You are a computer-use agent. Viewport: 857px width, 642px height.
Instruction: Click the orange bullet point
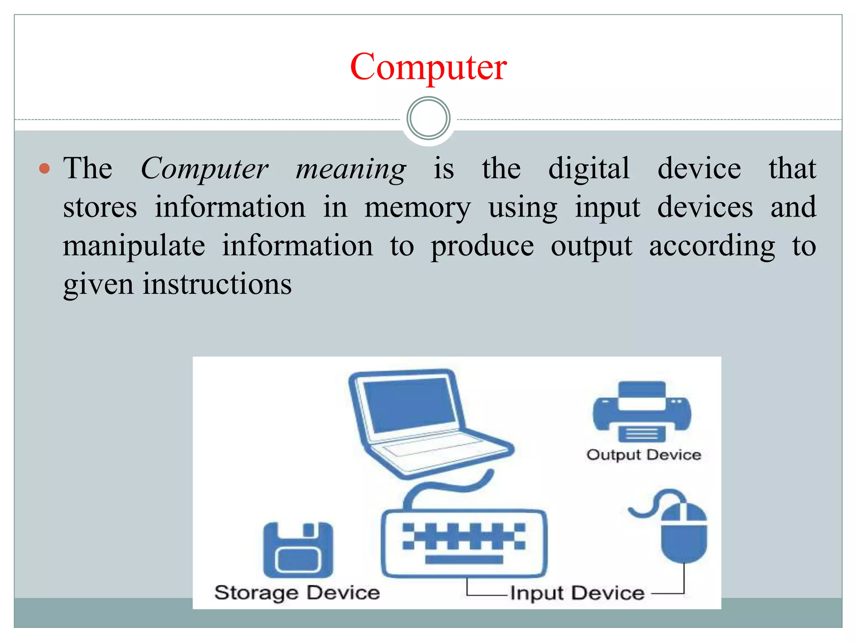coord(44,169)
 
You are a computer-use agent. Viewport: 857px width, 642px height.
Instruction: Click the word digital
coord(589,169)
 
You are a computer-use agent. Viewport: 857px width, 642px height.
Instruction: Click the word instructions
coord(217,284)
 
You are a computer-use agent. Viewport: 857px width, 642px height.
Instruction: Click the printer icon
coord(642,411)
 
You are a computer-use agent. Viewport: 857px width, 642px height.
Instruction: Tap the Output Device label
coord(644,455)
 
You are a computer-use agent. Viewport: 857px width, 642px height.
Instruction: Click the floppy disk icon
coord(298,550)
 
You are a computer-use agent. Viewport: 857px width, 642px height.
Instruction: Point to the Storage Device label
coord(297,593)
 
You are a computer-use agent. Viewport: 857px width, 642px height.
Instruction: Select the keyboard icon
coord(464,543)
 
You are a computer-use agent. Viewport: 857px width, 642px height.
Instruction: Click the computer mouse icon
coord(684,533)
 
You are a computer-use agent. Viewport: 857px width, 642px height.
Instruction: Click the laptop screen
coord(409,404)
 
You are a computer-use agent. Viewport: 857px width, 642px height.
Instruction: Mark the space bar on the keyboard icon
coord(464,560)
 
